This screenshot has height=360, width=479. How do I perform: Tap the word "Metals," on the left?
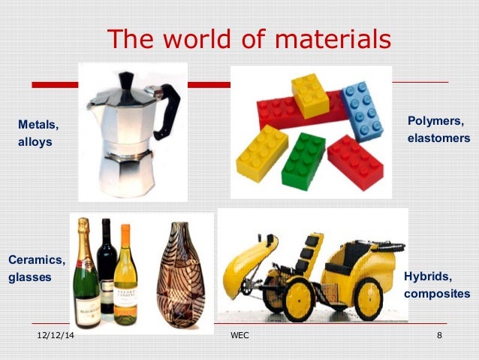(x=38, y=124)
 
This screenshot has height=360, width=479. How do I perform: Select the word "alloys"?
(x=35, y=141)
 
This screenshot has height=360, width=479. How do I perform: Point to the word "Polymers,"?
(x=435, y=121)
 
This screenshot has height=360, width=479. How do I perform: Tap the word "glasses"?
(x=30, y=277)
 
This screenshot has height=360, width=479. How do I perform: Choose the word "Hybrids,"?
(x=428, y=276)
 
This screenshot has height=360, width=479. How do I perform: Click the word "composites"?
(x=437, y=293)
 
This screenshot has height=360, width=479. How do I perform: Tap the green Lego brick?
(x=303, y=159)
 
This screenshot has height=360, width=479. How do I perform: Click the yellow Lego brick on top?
(x=309, y=95)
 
